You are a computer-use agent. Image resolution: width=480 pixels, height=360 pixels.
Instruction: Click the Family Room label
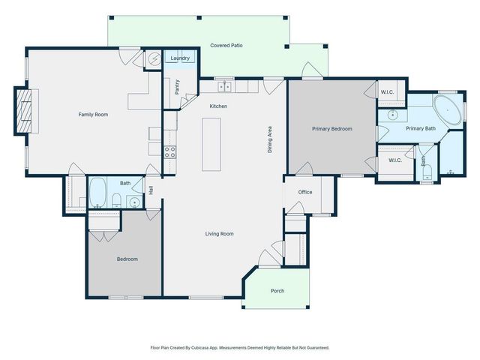pos(94,115)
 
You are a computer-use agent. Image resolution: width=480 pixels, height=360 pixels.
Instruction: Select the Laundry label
pos(180,58)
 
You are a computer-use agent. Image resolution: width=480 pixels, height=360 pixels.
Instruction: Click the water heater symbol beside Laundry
pos(154,58)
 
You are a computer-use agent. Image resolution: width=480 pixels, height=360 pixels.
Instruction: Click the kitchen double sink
pos(224,86)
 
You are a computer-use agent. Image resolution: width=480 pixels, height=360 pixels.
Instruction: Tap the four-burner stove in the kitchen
pos(169,150)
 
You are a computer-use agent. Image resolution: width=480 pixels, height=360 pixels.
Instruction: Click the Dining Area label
pos(269,139)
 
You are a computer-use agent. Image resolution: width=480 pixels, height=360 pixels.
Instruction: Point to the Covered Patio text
pos(226,46)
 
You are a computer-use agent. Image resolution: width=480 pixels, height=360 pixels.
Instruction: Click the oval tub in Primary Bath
pos(448,111)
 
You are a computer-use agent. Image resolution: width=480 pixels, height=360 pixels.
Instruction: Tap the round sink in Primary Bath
pos(391,116)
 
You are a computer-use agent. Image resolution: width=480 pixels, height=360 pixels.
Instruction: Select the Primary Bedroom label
pos(331,129)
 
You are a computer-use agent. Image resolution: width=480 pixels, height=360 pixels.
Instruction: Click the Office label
pos(304,192)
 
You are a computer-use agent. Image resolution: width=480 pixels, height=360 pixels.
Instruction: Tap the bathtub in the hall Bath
pos(98,192)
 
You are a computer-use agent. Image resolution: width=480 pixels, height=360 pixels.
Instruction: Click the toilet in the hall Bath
pos(118,199)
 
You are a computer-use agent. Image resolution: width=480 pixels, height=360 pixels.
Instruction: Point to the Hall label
pos(151,191)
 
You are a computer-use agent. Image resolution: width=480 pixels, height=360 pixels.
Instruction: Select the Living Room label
pos(220,234)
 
